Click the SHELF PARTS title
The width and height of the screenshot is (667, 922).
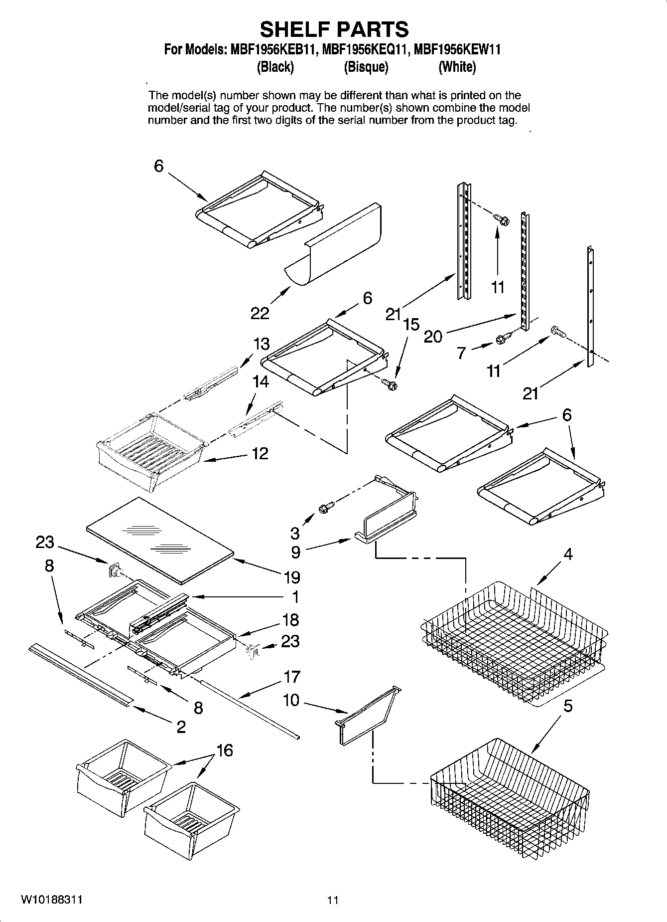334,30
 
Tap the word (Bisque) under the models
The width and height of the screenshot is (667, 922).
366,67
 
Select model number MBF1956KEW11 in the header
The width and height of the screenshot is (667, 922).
457,50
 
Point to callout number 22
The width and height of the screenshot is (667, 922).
260,313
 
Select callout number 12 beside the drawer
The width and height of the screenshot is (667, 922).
260,453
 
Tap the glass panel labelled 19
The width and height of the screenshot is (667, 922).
159,540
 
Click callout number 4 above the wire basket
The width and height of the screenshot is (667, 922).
568,554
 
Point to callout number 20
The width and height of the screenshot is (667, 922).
433,337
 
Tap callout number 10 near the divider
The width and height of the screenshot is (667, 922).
291,700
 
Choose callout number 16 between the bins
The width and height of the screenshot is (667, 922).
225,750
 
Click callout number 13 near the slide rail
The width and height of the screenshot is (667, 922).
261,344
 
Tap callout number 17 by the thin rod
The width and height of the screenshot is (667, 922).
291,677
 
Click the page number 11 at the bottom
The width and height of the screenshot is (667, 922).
333,900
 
